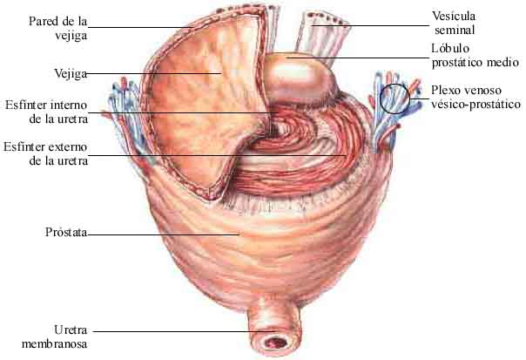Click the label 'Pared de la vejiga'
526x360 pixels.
[59, 27]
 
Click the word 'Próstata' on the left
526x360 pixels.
[64, 234]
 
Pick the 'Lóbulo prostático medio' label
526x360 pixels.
[474, 57]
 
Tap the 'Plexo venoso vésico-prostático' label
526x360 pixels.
[475, 97]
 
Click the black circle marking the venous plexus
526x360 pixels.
[395, 98]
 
